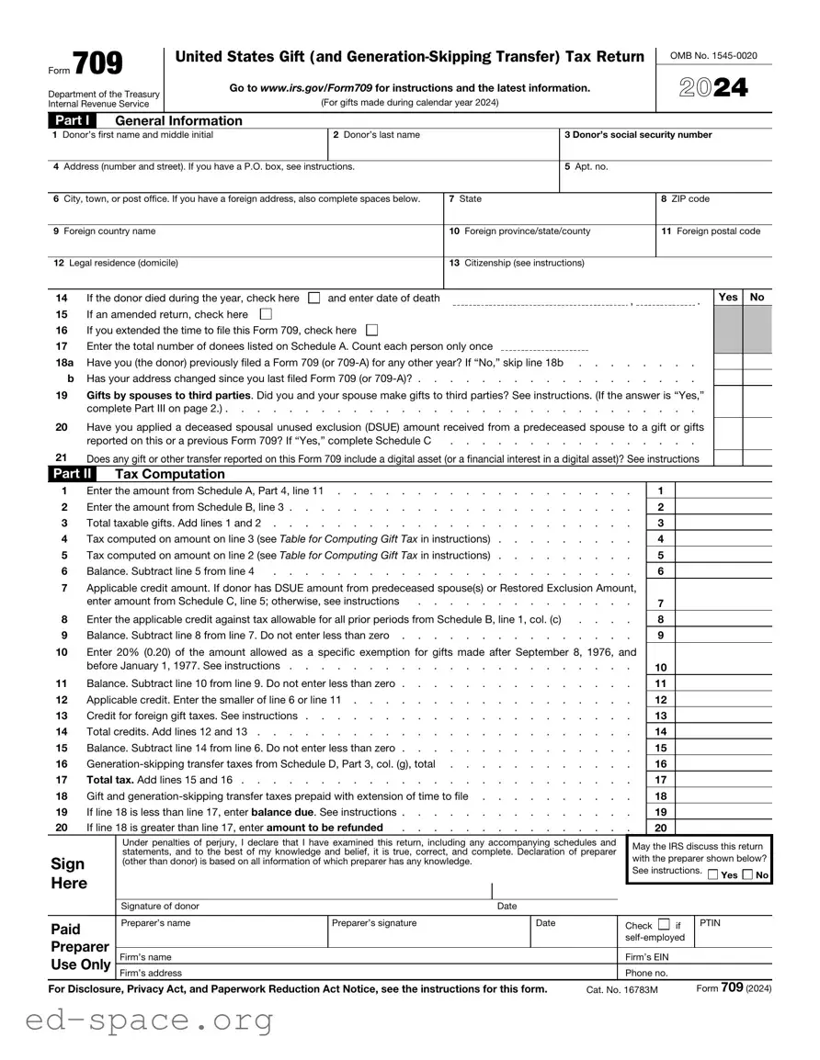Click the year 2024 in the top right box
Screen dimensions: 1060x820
(713, 87)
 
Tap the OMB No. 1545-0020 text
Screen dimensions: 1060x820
(713, 56)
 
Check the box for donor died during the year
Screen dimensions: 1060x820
(313, 298)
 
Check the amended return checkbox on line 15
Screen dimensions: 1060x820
(267, 314)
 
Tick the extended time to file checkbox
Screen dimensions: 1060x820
(371, 330)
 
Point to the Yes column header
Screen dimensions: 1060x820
(727, 297)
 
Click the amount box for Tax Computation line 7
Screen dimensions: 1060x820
(723, 603)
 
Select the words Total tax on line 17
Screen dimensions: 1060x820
(108, 780)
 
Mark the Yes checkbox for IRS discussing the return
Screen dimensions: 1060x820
(713, 875)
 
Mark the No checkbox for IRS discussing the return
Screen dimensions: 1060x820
(747, 875)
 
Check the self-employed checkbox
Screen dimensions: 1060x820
(664, 924)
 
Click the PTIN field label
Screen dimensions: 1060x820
(710, 923)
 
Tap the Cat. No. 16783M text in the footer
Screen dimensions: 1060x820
(622, 989)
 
